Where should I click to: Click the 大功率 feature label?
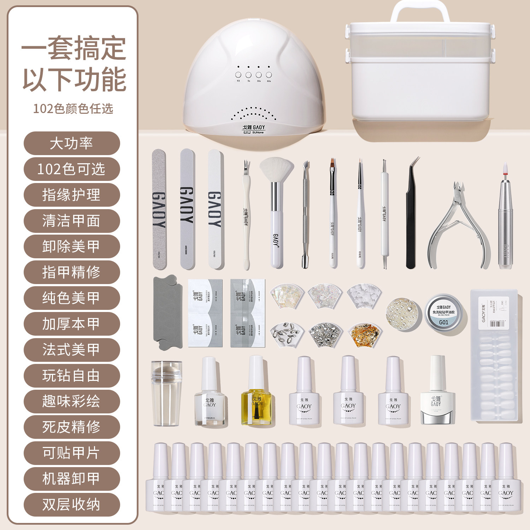click(x=72, y=143)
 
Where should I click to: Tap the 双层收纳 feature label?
click(x=72, y=505)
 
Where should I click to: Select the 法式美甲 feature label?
click(x=72, y=350)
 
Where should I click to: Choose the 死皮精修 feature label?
click(x=72, y=427)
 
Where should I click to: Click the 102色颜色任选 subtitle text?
click(x=73, y=108)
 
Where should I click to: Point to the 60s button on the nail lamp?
click(x=269, y=75)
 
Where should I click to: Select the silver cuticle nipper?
click(x=459, y=226)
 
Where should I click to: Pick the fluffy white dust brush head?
click(x=276, y=170)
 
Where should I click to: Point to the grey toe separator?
click(x=167, y=313)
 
